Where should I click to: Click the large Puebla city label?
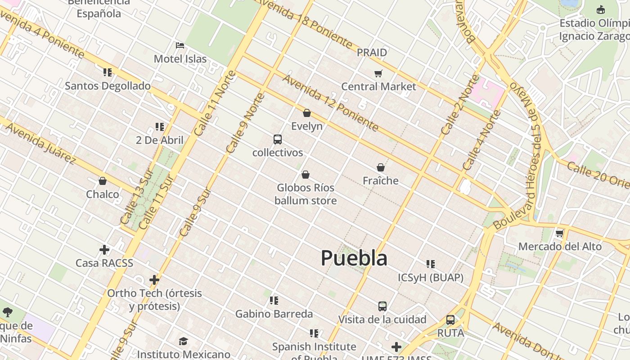(354, 258)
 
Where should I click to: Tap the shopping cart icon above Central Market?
(378, 73)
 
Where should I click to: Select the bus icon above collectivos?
(278, 139)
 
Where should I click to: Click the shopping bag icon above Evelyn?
(307, 113)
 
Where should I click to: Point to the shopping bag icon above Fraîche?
(381, 167)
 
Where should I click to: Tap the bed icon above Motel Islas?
(180, 45)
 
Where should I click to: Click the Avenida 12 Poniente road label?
(330, 103)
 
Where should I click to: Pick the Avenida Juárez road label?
(40, 143)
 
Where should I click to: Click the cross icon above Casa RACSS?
(104, 250)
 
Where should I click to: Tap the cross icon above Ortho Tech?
(154, 280)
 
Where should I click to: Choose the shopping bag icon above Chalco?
(103, 181)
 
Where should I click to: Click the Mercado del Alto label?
(560, 247)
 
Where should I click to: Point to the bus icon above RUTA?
(450, 320)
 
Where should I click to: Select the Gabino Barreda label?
(274, 314)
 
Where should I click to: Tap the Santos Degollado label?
(108, 85)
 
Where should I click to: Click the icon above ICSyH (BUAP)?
(431, 264)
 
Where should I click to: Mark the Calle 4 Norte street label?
(481, 140)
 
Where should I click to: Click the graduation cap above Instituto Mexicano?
(183, 341)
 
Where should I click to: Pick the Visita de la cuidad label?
(382, 319)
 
